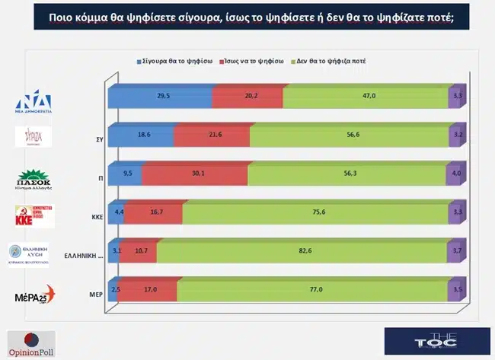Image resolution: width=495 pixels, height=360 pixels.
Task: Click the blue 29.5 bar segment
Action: pos(160,97)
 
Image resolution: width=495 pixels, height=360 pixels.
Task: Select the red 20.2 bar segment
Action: pos(247,97)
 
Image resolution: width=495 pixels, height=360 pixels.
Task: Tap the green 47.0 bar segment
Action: pos(365,97)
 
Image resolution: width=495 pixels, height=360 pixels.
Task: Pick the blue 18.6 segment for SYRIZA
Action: pos(141,135)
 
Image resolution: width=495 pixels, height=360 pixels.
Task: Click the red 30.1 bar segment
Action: pos(194,174)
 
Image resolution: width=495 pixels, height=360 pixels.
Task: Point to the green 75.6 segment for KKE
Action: pos(286,214)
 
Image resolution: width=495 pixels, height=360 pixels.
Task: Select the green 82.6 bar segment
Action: pos(302,251)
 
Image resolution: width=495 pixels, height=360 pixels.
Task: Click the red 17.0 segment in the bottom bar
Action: pos(148,290)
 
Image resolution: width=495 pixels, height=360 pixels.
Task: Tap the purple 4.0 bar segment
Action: pos(455,174)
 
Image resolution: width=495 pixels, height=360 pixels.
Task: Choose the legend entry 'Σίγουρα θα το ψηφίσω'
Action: pos(174,59)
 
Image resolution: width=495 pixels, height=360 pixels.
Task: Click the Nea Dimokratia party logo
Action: pos(34,102)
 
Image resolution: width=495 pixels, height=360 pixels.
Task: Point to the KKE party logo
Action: pos(35,216)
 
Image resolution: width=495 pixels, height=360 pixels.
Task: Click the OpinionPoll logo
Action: pos(30,342)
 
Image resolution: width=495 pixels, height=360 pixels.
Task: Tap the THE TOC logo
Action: pos(436,340)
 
